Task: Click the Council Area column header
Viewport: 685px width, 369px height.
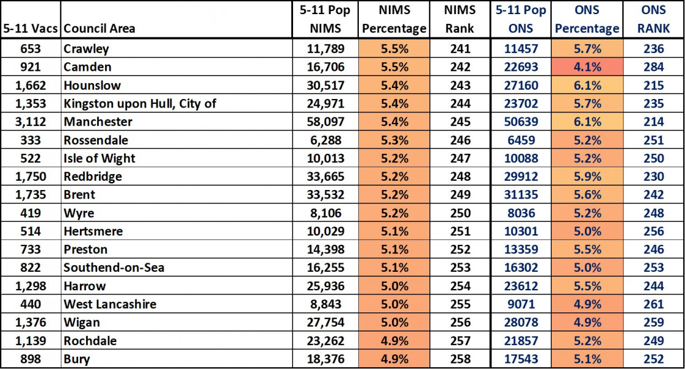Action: pyautogui.click(x=100, y=28)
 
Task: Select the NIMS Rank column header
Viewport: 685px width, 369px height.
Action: pyautogui.click(x=460, y=19)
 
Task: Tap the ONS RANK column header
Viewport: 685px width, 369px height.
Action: pyautogui.click(x=654, y=19)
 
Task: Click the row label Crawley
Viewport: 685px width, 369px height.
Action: pyautogui.click(x=86, y=49)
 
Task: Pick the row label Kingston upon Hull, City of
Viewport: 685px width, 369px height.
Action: pyautogui.click(x=140, y=103)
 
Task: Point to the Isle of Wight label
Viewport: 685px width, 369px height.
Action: pyautogui.click(x=100, y=158)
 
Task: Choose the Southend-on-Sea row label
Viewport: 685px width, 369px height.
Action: pyautogui.click(x=114, y=268)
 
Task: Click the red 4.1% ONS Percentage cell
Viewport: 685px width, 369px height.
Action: pyautogui.click(x=587, y=67)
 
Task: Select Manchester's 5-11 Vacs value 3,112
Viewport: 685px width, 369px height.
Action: pyautogui.click(x=31, y=122)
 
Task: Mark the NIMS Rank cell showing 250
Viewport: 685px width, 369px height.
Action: pyautogui.click(x=460, y=213)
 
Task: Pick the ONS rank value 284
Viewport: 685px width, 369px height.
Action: pyautogui.click(x=654, y=67)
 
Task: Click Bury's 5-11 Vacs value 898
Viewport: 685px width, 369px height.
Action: pyautogui.click(x=31, y=359)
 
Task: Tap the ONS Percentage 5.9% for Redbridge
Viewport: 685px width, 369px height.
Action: pyautogui.click(x=587, y=177)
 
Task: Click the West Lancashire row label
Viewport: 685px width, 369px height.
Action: pyautogui.click(x=110, y=304)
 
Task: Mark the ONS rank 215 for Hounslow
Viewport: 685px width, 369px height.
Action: pyautogui.click(x=654, y=85)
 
